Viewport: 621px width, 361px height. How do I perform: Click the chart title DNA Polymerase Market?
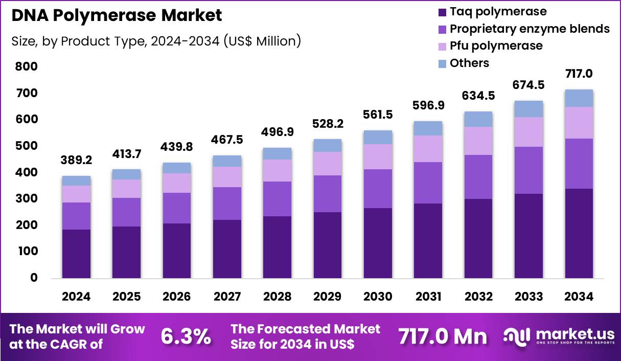pos(117,16)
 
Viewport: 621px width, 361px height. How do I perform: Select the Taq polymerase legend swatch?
pos(441,12)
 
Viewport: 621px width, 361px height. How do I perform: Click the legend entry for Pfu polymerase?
pos(496,46)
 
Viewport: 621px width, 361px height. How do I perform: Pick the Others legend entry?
pos(469,63)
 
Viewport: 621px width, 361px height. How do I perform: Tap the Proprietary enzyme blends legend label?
pos(530,29)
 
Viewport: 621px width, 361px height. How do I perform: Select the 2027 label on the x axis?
pos(227,297)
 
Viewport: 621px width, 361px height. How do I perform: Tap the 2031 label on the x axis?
pos(428,297)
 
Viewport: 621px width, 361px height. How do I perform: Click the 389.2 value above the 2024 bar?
pos(77,160)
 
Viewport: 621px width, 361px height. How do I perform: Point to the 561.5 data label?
pos(378,115)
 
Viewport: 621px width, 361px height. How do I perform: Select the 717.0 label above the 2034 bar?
pos(579,74)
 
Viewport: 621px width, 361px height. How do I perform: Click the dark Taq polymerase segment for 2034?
pos(579,233)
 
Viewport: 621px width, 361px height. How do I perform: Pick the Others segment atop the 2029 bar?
pos(328,146)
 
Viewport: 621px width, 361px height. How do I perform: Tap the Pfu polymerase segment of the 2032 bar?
pos(478,141)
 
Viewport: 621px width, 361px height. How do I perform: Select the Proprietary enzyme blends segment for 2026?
pos(177,208)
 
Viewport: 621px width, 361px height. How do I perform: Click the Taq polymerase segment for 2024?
pos(77,254)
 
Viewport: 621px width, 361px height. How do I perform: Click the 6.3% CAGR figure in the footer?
pos(186,336)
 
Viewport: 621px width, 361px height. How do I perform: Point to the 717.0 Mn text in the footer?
pos(443,336)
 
